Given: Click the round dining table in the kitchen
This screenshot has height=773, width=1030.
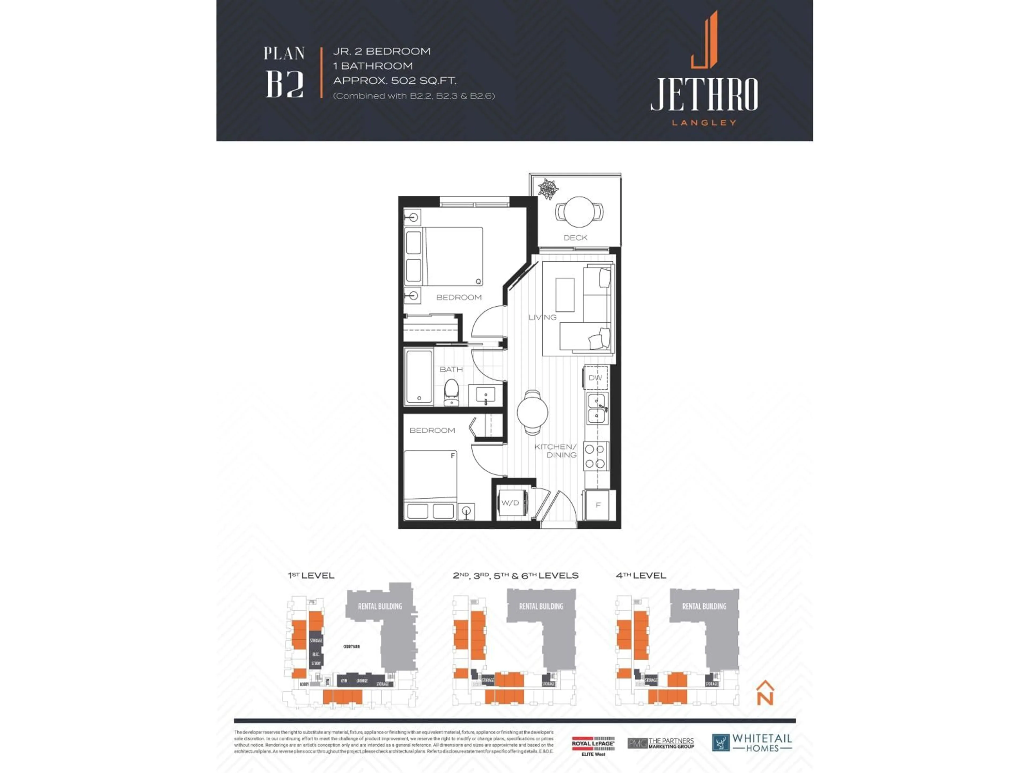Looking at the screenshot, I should tap(532, 412).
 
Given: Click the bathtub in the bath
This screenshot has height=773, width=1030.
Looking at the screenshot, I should tap(419, 377).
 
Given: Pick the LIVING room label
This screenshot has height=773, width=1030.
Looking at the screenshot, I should tap(542, 317).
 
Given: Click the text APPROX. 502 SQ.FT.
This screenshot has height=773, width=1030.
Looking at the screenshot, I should tap(394, 81).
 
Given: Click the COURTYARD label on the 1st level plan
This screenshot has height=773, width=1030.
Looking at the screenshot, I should tap(352, 647).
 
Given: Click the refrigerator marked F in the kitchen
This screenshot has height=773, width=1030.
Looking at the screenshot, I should tap(598, 505).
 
